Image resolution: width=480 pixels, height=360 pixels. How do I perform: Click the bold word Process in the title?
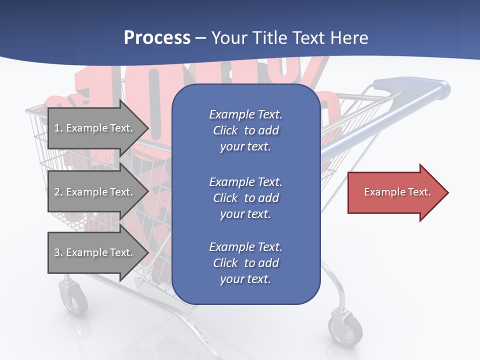pos(157,38)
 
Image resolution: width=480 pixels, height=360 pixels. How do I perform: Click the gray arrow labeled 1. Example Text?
pos(95,128)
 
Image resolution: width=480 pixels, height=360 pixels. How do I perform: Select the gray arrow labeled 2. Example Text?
pos(95,192)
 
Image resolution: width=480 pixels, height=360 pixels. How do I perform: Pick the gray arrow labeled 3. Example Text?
pos(95,252)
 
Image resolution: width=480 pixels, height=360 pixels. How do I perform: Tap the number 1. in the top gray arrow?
pos(58,128)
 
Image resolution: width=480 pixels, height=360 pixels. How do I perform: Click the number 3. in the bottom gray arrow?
pos(58,252)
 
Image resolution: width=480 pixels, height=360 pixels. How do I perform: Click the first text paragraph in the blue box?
pos(245,130)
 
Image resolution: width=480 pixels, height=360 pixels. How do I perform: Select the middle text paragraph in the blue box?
pos(245,198)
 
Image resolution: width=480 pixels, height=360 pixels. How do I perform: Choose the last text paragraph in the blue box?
pos(245,263)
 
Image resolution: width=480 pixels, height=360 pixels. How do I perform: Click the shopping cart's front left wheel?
pos(73,297)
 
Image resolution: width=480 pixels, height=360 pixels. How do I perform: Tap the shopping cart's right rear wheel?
pos(345,327)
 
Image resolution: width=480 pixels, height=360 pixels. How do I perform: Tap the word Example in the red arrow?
pos(381,192)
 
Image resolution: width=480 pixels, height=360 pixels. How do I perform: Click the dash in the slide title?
pos(201,38)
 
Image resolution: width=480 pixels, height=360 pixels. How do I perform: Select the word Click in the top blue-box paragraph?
pos(225,130)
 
